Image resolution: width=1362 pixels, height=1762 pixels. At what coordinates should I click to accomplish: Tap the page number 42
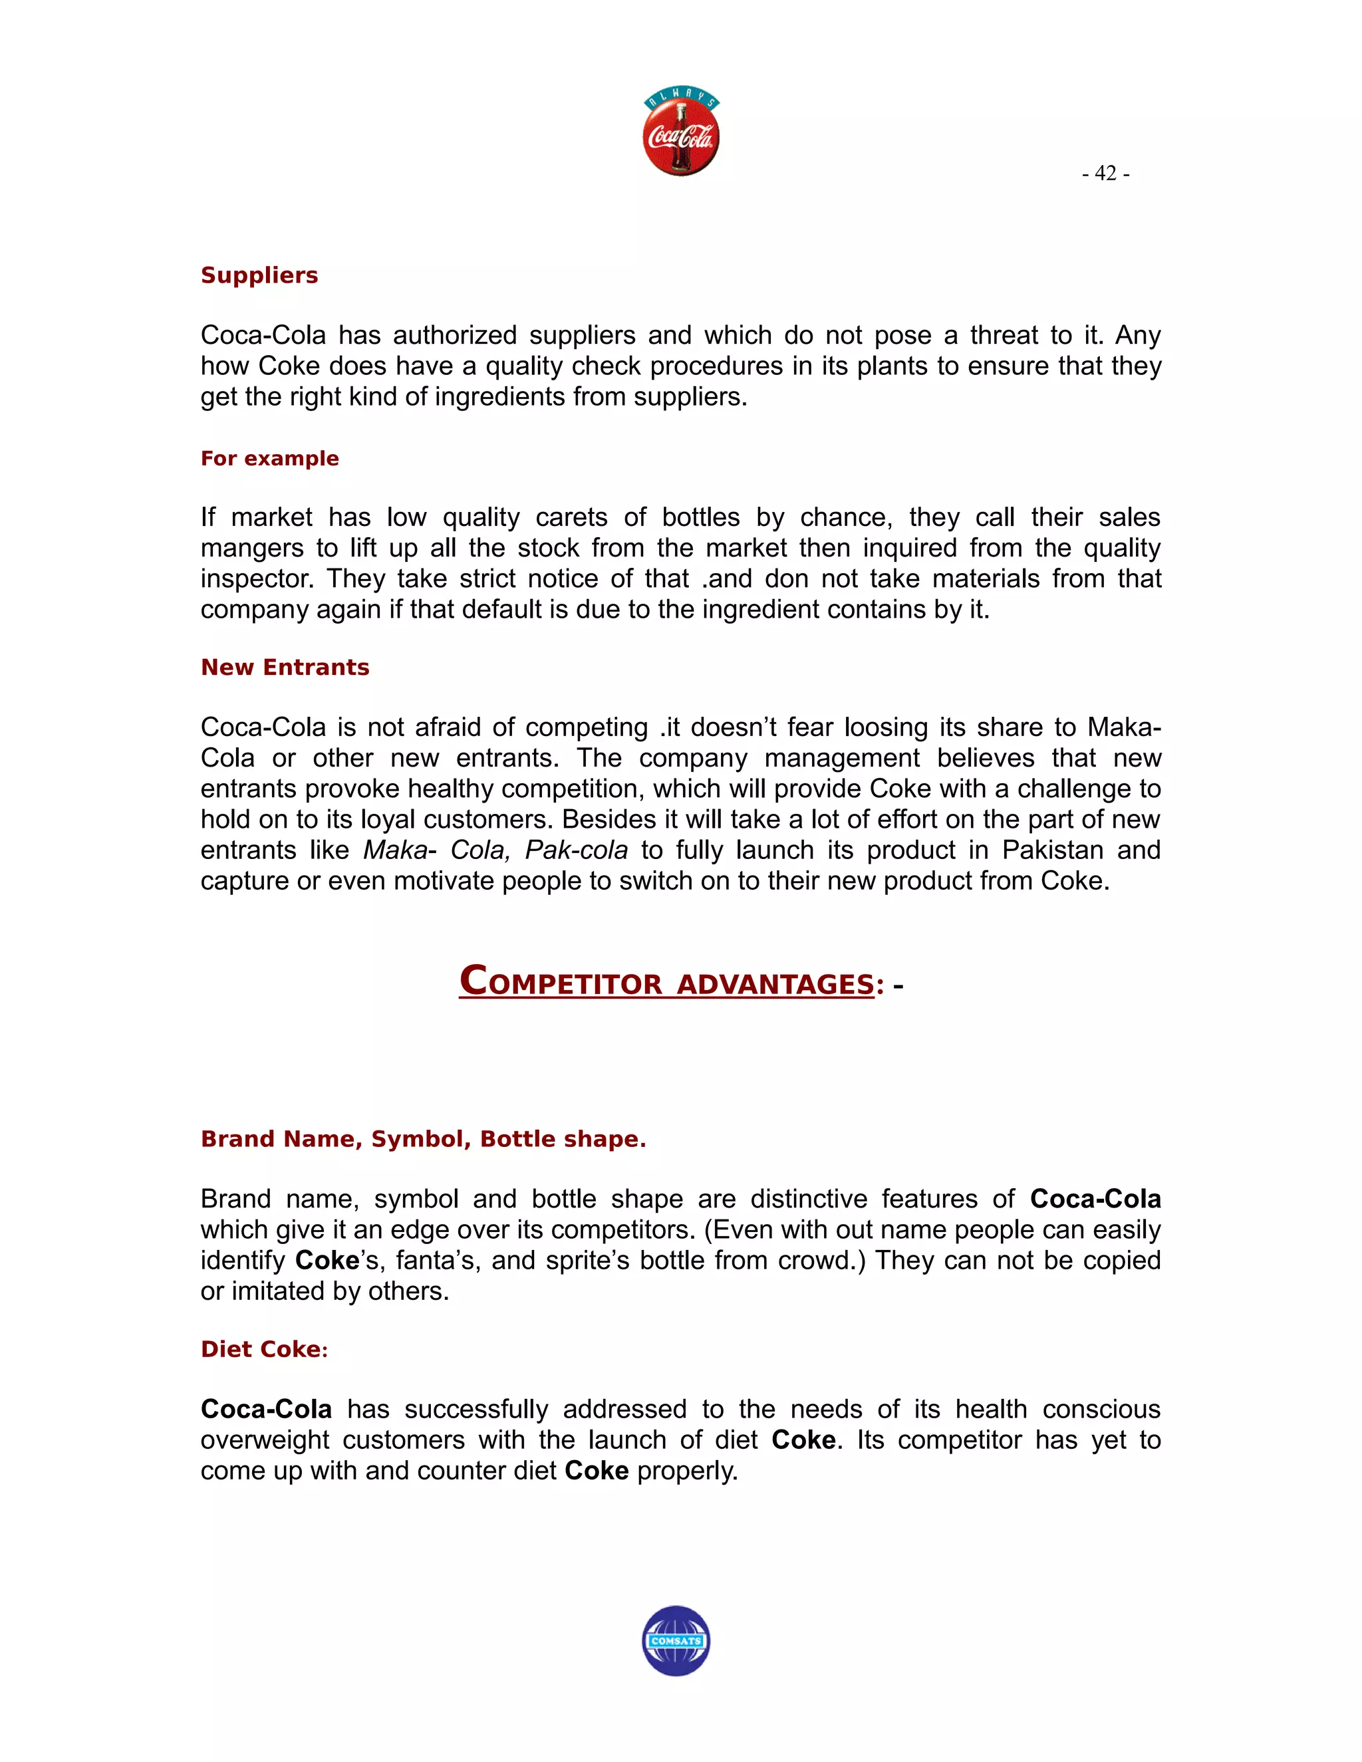pos(1105,174)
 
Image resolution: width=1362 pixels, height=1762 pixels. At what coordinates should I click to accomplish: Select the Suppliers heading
pos(259,275)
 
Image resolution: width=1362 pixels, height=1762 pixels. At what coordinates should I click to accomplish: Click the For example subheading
pos(269,458)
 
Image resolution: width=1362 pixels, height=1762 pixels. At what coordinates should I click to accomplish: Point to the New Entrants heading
pos(285,667)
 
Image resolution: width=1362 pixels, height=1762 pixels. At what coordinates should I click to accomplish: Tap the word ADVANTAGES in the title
pos(775,984)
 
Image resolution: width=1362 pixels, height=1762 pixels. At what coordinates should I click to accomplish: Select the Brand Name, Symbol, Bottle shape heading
pos(423,1138)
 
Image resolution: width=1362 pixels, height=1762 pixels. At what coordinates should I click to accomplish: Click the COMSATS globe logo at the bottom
pos(676,1640)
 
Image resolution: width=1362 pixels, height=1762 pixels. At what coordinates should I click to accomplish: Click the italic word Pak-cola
pos(576,850)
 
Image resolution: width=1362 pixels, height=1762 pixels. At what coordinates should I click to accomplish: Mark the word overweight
pos(265,1440)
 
